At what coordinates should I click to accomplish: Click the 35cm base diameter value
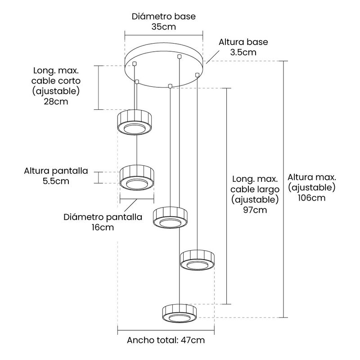click(164, 27)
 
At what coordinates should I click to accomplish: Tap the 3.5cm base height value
click(243, 52)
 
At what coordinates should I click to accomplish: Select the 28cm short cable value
click(56, 102)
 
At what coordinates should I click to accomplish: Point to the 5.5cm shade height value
click(56, 181)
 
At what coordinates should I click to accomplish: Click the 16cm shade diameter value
click(103, 227)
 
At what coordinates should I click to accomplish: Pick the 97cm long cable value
click(255, 210)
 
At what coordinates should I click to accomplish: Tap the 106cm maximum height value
click(311, 198)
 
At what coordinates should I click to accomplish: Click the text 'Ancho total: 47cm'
click(166, 340)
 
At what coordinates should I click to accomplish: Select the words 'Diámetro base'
click(164, 16)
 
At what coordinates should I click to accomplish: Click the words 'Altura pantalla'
click(56, 171)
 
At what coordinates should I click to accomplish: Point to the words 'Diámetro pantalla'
click(103, 217)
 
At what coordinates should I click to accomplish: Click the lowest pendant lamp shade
click(179, 313)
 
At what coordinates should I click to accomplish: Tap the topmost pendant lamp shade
click(134, 122)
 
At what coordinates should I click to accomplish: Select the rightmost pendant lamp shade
click(197, 260)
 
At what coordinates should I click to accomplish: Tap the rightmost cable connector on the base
click(197, 75)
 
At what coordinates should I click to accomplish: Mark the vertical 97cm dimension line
click(227, 196)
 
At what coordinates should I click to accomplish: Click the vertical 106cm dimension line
click(284, 189)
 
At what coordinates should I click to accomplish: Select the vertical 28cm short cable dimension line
click(98, 87)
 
